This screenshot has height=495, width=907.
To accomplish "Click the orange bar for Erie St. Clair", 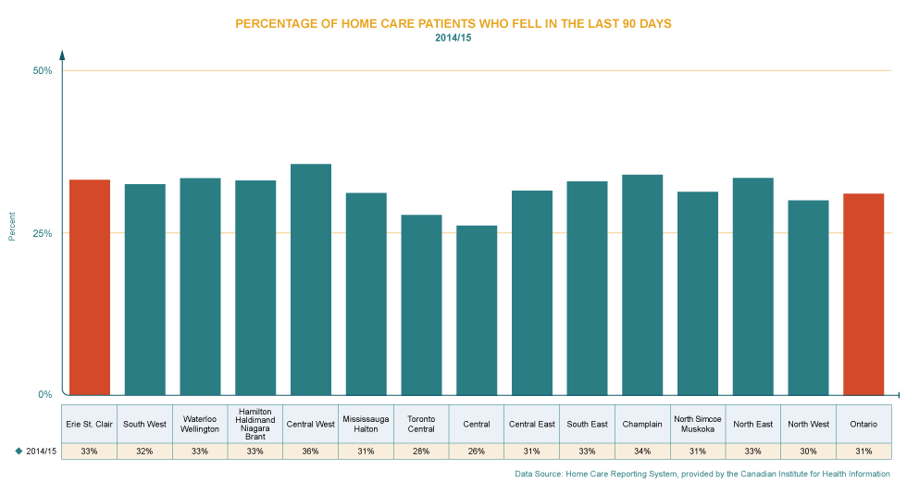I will click(x=90, y=287).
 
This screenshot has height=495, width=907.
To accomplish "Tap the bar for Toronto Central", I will click(x=421, y=304).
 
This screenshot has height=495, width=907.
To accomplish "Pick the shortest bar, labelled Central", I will click(x=477, y=310).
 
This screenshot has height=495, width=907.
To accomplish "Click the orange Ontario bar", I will click(x=864, y=294).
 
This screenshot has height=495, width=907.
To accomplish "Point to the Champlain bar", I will click(x=642, y=284).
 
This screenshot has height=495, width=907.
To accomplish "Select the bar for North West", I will click(x=808, y=297).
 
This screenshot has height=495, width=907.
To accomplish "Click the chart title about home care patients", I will click(x=453, y=23).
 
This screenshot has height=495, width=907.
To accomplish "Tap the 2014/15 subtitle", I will click(x=453, y=38).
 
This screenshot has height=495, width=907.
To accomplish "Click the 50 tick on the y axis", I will click(x=43, y=74).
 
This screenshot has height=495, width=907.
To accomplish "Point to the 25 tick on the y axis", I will click(x=43, y=240).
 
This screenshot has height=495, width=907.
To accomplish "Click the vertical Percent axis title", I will click(x=12, y=226).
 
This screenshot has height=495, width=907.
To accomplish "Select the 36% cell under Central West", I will click(x=311, y=451).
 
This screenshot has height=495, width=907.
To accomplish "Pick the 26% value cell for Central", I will click(x=477, y=451).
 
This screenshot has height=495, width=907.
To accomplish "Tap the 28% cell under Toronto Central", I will click(x=421, y=451).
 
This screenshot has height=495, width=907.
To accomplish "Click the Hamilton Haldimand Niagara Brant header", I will click(x=255, y=424).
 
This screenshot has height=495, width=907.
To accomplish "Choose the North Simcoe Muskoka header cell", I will click(x=698, y=424).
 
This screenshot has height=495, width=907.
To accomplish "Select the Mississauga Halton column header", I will click(x=366, y=424).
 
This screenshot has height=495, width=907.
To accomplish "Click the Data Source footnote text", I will click(x=702, y=474).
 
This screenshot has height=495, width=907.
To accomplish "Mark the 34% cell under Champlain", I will click(x=642, y=451).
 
